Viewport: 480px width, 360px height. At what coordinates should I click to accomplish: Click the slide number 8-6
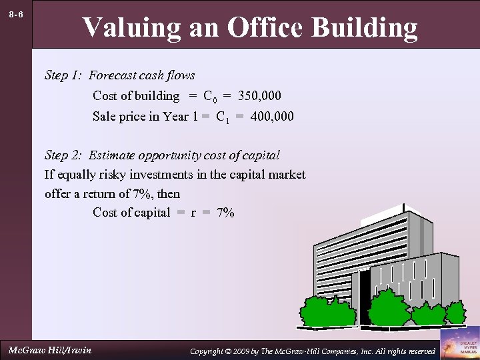click(x=17, y=14)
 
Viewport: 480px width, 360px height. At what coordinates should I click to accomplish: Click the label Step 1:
click(x=64, y=75)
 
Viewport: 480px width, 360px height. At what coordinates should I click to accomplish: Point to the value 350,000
click(x=259, y=96)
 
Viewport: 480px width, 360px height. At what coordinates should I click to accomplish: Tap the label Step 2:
click(x=64, y=155)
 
